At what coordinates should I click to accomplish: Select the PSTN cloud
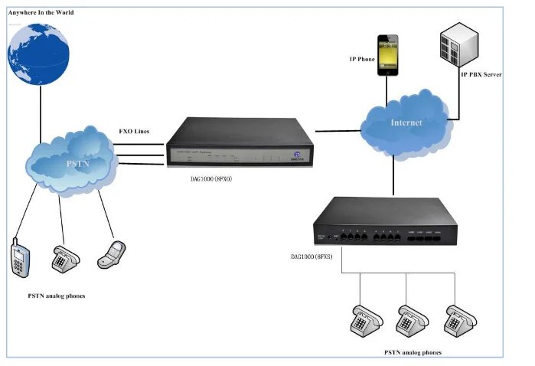pyautogui.click(x=70, y=162)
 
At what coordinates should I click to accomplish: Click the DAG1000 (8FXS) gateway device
pyautogui.click(x=387, y=226)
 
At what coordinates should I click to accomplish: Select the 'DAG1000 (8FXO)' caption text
pyautogui.click(x=211, y=178)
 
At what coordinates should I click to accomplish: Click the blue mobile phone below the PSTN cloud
pyautogui.click(x=18, y=257)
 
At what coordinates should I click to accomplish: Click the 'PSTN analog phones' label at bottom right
pyautogui.click(x=413, y=352)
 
